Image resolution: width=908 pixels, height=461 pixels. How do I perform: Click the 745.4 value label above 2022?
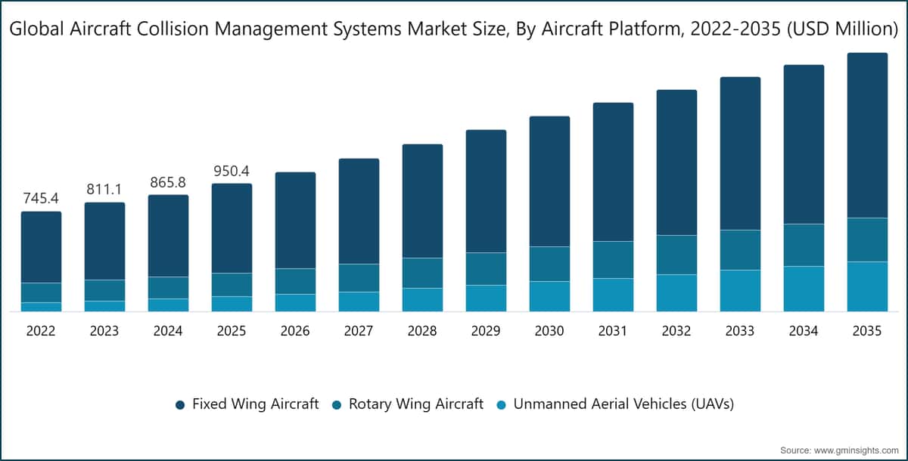[x=41, y=198]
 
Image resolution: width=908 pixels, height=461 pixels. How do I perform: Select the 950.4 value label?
[x=232, y=172]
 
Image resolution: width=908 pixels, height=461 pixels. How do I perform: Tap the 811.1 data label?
[x=104, y=189]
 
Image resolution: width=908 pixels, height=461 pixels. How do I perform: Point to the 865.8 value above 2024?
[x=168, y=183]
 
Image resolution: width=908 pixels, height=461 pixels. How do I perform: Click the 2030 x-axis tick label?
[x=549, y=331]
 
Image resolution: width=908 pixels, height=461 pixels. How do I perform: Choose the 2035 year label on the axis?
[x=867, y=331]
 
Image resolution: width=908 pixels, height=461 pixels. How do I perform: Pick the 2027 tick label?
[x=359, y=331]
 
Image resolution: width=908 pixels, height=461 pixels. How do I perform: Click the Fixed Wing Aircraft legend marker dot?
[x=180, y=405]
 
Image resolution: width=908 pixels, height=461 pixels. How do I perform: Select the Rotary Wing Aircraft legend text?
[x=416, y=404]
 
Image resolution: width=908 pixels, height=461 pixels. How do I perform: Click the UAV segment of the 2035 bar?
[x=867, y=286]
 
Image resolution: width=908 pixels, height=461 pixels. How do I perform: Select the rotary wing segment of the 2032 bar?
[x=676, y=255]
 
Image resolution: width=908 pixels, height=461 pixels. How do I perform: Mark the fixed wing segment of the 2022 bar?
[x=42, y=247]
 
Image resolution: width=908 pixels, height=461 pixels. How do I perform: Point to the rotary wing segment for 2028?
[x=422, y=273]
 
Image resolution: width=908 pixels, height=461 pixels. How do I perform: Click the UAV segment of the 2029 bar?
[x=486, y=299]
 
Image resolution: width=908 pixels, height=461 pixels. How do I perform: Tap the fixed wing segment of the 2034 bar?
[x=804, y=144]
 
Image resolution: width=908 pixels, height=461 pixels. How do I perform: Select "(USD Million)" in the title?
[x=843, y=29]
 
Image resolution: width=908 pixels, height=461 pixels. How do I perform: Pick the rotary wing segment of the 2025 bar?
[x=232, y=285]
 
